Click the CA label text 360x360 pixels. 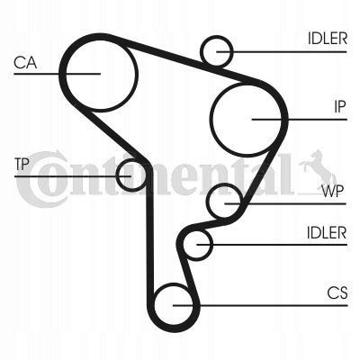pyautogui.click(x=25, y=63)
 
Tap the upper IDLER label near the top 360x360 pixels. pyautogui.click(x=328, y=39)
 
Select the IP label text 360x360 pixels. pyautogui.click(x=340, y=106)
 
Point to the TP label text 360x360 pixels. pyautogui.click(x=22, y=164)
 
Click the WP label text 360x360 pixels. pyautogui.click(x=332, y=191)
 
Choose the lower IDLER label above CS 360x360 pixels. pyautogui.click(x=327, y=232)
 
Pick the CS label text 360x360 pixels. pyautogui.click(x=337, y=293)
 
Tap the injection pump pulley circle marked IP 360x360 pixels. pyautogui.click(x=210, y=120)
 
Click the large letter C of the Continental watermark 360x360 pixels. pyautogui.click(x=40, y=179)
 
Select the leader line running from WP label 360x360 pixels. pyautogui.click(x=285, y=203)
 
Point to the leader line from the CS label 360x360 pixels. pyautogui.click(x=260, y=306)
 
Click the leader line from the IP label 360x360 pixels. pyautogui.click(x=300, y=120)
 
